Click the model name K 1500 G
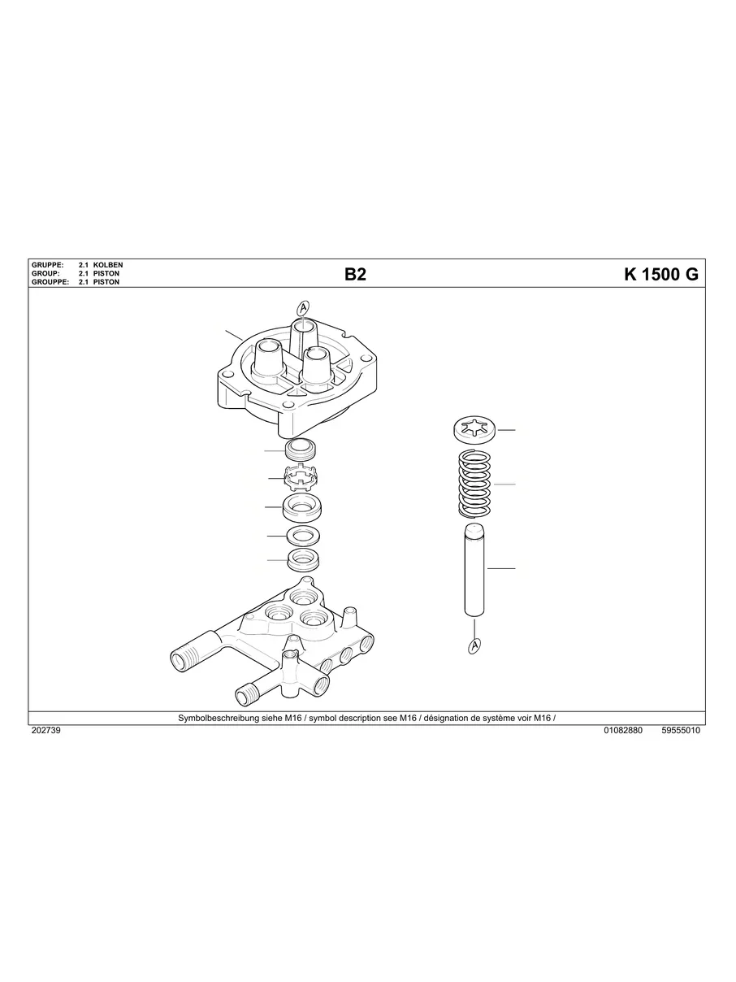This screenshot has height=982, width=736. pyautogui.click(x=660, y=274)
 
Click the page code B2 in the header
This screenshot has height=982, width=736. pyautogui.click(x=355, y=274)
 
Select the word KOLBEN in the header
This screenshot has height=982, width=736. pyautogui.click(x=108, y=265)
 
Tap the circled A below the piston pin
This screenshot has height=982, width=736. pyautogui.click(x=473, y=645)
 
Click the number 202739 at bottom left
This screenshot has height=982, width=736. pyautogui.click(x=45, y=731)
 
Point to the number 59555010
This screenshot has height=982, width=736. pyautogui.click(x=681, y=731)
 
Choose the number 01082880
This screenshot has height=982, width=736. pyautogui.click(x=623, y=731)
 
